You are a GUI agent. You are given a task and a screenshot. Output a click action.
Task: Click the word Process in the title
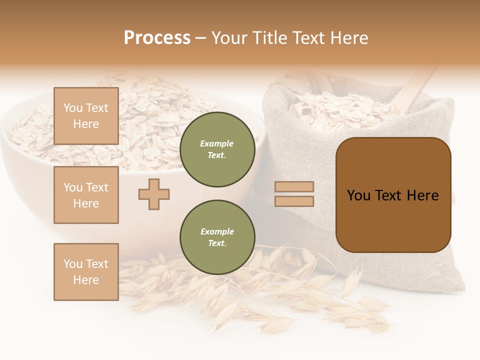pos(157,38)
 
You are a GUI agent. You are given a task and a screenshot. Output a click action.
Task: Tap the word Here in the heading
pos(348,38)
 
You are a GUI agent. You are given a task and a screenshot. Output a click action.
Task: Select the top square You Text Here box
pos(86,116)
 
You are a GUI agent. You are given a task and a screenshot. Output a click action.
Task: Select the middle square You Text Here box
pos(86,195)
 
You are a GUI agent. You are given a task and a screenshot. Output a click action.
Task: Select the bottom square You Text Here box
pos(86,272)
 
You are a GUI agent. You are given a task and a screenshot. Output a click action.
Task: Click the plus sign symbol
pos(154,194)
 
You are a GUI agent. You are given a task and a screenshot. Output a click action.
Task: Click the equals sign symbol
pos(294,194)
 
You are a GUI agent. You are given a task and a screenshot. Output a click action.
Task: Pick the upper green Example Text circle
pos(217,149)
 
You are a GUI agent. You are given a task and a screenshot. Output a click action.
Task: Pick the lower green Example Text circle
pos(217,237)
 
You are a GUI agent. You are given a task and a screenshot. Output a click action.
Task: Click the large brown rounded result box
pos(393,195)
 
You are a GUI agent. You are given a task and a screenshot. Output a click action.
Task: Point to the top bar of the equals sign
pos(294,187)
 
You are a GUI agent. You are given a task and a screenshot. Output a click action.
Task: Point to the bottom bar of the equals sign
pos(294,201)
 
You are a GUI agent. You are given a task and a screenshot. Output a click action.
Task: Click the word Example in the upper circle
pos(217,144)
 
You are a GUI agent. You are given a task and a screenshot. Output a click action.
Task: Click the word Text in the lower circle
pos(217,243)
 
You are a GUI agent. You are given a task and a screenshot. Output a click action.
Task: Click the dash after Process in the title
pos(200,38)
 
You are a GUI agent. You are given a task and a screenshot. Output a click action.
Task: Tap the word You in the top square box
pos(73,108)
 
